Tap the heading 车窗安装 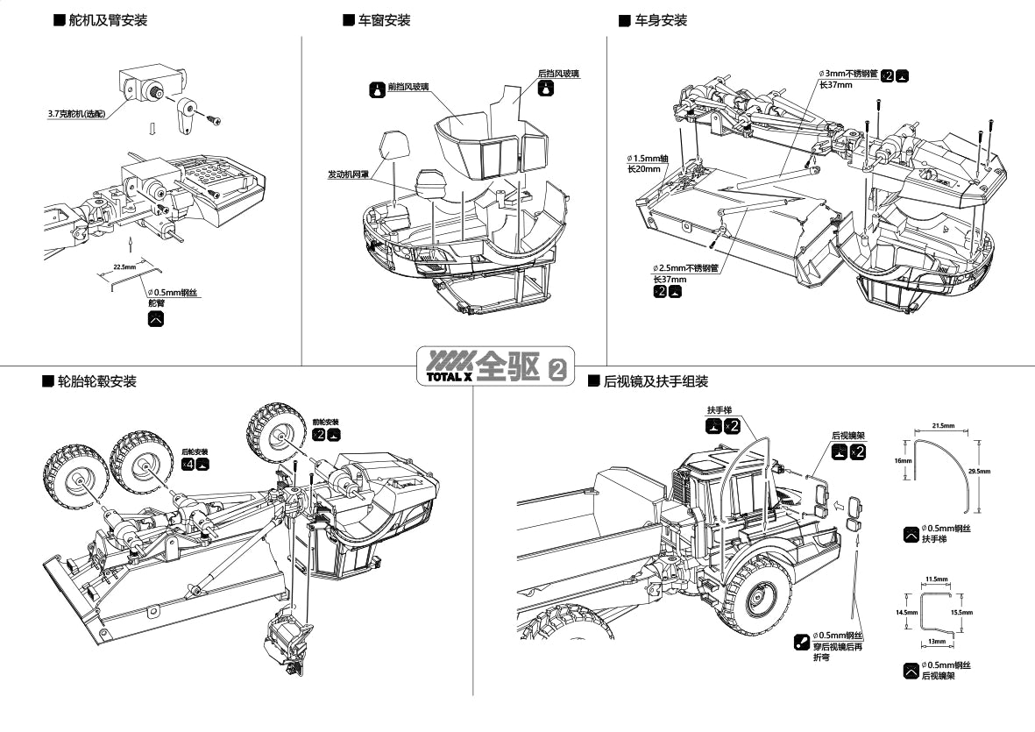pyautogui.click(x=384, y=20)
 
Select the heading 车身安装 pyautogui.click(x=661, y=20)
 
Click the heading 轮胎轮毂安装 pyautogui.click(x=96, y=381)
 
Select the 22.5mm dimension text pyautogui.click(x=124, y=266)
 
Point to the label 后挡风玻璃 pyautogui.click(x=558, y=74)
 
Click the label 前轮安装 pyautogui.click(x=325, y=422)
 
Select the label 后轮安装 pyautogui.click(x=195, y=451)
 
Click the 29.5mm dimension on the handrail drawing pyautogui.click(x=980, y=472)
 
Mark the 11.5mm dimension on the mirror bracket pyautogui.click(x=936, y=579)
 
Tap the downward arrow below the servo pyautogui.click(x=152, y=129)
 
